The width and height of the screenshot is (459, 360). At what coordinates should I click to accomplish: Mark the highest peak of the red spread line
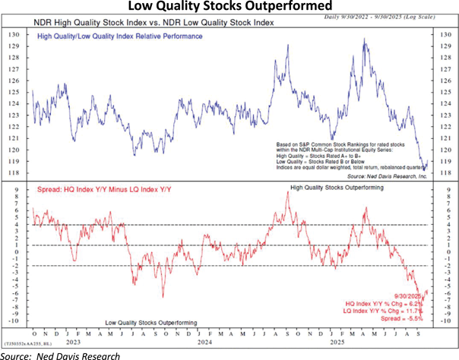click(287, 192)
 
